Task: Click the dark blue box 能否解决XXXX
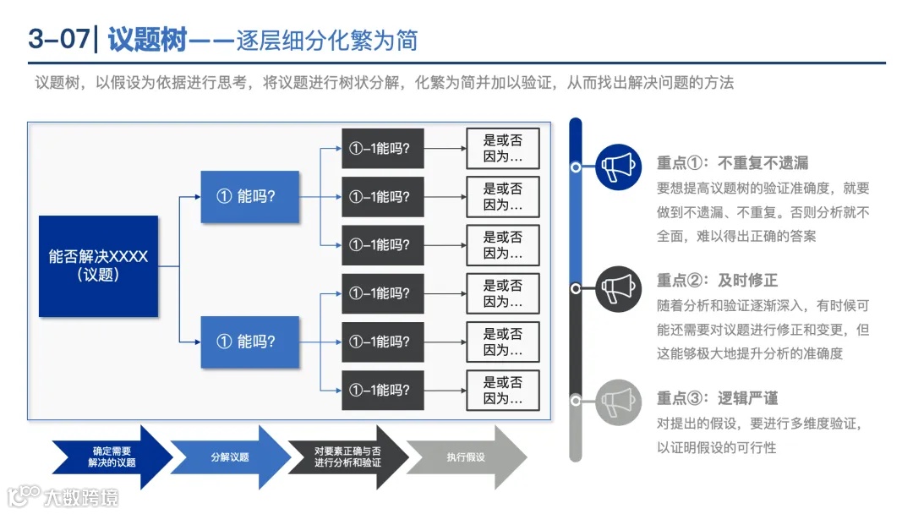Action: coord(98,266)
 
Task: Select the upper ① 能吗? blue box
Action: coord(249,197)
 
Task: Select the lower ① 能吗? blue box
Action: coord(249,342)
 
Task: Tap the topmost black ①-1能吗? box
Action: coord(382,149)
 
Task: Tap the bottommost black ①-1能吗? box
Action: coord(382,390)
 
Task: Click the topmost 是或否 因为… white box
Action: coord(503,149)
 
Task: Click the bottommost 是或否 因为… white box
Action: coord(503,390)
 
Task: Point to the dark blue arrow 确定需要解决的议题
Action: coord(110,457)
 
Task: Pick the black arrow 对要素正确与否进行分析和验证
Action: coord(347,457)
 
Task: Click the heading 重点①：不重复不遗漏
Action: coord(732,163)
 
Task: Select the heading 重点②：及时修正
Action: coord(717,281)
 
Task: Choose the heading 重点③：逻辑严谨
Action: coord(717,398)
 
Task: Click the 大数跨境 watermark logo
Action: coord(63,495)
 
